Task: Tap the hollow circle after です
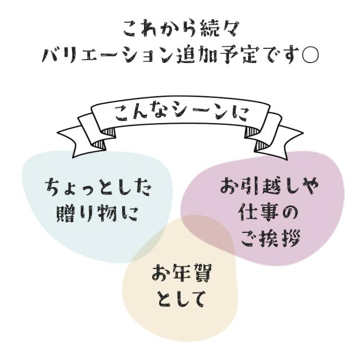(310, 56)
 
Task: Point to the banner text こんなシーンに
(181, 113)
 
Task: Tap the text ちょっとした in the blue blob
(98, 188)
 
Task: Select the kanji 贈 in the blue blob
(66, 214)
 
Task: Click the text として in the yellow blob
(181, 299)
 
